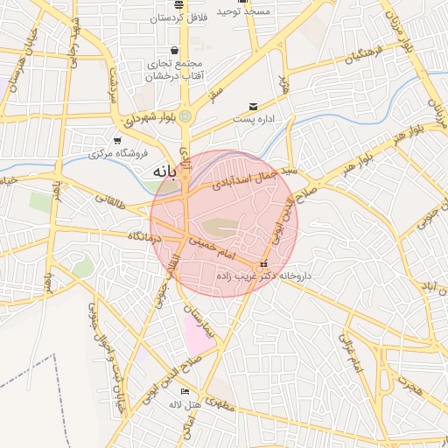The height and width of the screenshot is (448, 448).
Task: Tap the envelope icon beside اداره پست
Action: (x=254, y=107)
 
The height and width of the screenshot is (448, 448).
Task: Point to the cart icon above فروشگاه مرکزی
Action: (x=117, y=141)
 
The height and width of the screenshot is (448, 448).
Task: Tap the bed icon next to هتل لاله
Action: (x=184, y=391)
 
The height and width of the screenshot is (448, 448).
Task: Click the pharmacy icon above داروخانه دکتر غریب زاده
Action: (x=262, y=265)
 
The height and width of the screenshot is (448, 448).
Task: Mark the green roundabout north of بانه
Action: (x=185, y=115)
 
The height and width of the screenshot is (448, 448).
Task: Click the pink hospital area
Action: (x=199, y=334)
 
